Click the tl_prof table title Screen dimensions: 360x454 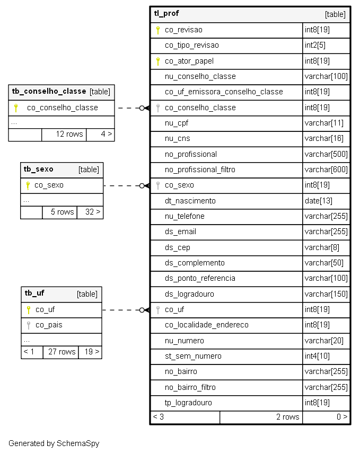166,14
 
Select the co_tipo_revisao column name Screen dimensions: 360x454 191,45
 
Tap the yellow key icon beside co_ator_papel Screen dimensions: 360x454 157,61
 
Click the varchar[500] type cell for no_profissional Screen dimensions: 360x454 326,154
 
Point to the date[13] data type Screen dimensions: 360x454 319,201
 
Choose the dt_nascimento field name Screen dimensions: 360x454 190,201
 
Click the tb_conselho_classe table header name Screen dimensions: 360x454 49,91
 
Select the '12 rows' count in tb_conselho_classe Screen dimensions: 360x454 69,134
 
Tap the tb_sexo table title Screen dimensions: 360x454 39,169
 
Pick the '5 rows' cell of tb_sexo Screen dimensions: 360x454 63,212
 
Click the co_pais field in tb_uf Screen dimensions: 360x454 49,325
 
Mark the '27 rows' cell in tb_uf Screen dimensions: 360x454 62,352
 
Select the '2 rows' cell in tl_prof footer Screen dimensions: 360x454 287,417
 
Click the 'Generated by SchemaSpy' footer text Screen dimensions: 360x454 54,443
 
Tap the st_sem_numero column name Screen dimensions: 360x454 193,356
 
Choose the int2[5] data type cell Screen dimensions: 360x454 315,45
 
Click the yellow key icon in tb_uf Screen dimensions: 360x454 29,310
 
